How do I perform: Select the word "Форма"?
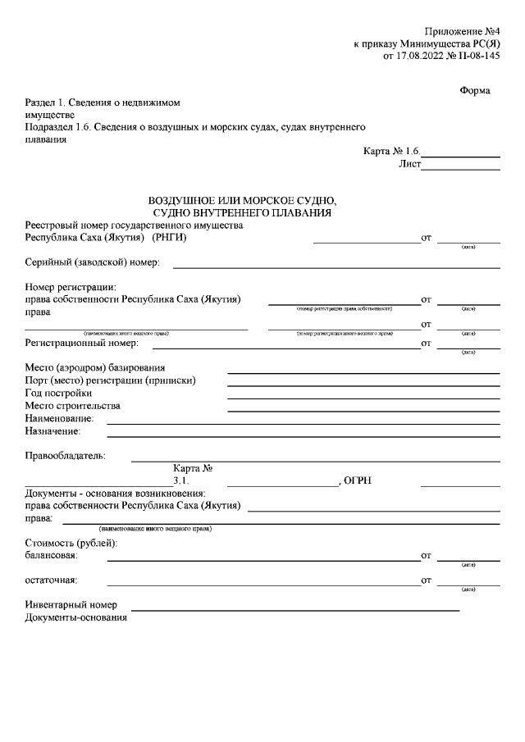(x=474, y=91)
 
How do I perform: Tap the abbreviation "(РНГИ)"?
(x=170, y=238)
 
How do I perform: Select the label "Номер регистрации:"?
(x=71, y=287)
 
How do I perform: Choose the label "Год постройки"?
(x=58, y=393)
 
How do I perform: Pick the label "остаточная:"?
(x=51, y=580)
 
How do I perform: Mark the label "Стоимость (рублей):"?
(x=72, y=544)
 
